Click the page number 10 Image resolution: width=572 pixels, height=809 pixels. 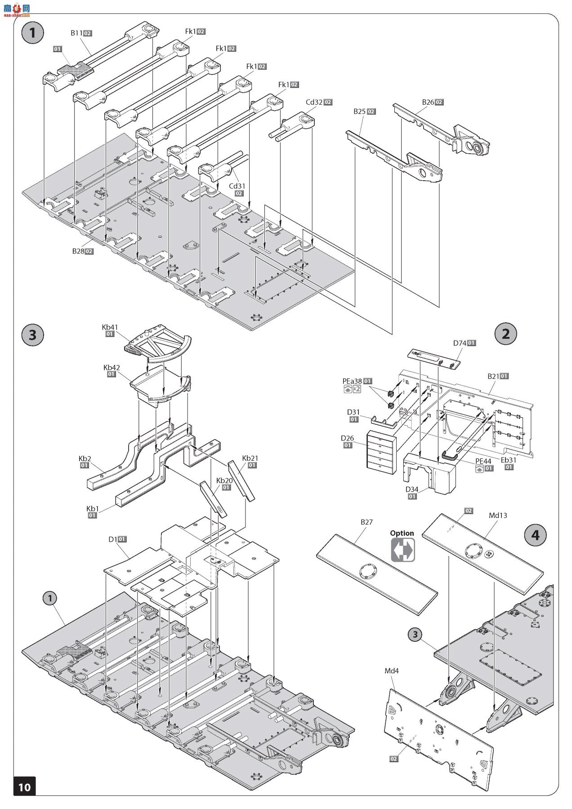tap(24, 787)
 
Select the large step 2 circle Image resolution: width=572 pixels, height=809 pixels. tap(505, 333)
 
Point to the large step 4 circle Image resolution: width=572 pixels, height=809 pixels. tap(535, 535)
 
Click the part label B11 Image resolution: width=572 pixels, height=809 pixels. tap(76, 33)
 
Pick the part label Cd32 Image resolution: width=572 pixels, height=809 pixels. tap(314, 102)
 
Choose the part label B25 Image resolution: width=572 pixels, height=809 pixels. tap(359, 111)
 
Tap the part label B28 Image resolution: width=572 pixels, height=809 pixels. tap(78, 251)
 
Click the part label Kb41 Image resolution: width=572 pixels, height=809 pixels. tap(110, 327)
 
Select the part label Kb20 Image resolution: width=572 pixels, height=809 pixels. tap(224, 480)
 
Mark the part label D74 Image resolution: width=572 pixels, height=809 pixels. tap(460, 343)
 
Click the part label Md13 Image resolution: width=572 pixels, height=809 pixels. tap(498, 515)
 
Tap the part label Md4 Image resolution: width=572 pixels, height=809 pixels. tap(392, 671)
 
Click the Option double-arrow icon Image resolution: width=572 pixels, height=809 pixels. tap(402, 550)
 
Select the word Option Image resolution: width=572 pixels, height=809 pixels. tap(402, 533)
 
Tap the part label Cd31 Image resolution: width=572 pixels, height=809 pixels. tap(237, 186)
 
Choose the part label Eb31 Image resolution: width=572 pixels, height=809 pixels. tap(509, 460)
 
